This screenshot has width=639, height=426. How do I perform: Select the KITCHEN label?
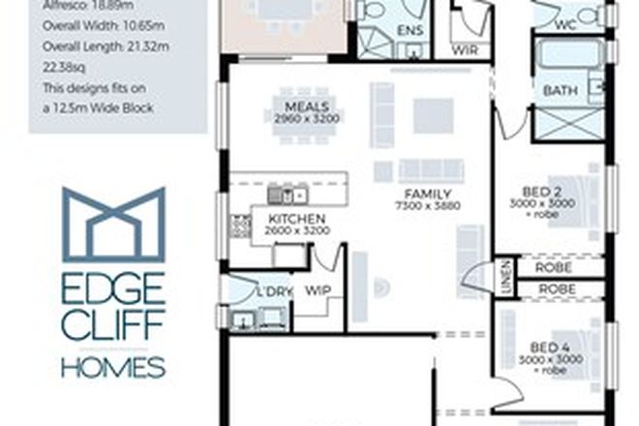pyautogui.click(x=295, y=219)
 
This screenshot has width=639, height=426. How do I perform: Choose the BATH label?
pyautogui.click(x=561, y=91)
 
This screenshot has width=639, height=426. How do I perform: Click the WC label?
pyautogui.click(x=566, y=25)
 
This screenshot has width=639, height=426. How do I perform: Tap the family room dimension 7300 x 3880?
pyautogui.click(x=428, y=205)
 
